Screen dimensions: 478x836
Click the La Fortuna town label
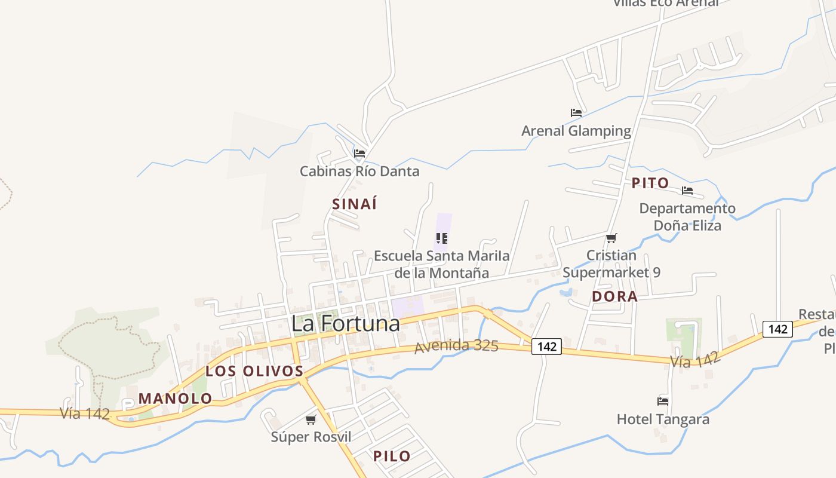[x=345, y=323]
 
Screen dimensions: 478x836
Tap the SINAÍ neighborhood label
[x=355, y=204]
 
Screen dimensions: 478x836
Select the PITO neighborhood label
[x=650, y=183]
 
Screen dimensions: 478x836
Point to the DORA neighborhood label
[x=614, y=296]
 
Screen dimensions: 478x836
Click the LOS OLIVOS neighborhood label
[x=255, y=371]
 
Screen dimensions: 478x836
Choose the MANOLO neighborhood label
[x=176, y=399]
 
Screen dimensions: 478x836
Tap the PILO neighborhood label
[x=392, y=456]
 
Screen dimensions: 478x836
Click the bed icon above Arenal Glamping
[x=576, y=112]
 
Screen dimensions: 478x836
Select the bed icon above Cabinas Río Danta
[x=359, y=154]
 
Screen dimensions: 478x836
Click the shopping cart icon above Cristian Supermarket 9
[x=611, y=238]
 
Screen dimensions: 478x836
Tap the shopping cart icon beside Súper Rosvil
[x=311, y=420]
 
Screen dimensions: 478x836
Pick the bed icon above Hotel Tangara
[x=663, y=401]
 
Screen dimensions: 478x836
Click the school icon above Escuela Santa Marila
[x=442, y=238]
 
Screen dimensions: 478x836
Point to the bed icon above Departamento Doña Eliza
[x=687, y=191]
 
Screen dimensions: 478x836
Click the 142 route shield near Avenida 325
[x=546, y=347]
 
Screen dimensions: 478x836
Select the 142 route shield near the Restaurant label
[x=777, y=329]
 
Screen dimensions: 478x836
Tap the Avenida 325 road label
[x=457, y=346]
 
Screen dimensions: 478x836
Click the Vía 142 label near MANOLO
[x=85, y=413]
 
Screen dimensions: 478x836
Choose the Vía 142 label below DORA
[x=695, y=359]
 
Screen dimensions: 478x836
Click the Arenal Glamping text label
[x=576, y=131]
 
